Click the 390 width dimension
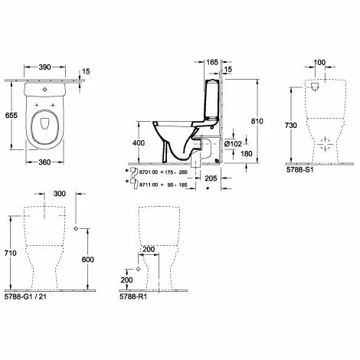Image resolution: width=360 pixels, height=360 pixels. [44, 67]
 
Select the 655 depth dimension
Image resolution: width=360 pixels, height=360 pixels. [11, 116]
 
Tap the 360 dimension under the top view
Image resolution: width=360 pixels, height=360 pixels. [44, 162]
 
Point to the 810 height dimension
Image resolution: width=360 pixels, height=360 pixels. [257, 121]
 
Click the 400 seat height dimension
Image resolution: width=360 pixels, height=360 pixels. [139, 143]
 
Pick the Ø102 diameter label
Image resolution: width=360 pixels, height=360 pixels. [233, 144]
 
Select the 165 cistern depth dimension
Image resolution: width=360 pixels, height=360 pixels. [212, 62]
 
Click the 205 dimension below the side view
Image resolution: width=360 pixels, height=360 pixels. [211, 178]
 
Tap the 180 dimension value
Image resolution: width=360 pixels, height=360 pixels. [247, 154]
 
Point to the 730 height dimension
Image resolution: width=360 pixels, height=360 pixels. [291, 126]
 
